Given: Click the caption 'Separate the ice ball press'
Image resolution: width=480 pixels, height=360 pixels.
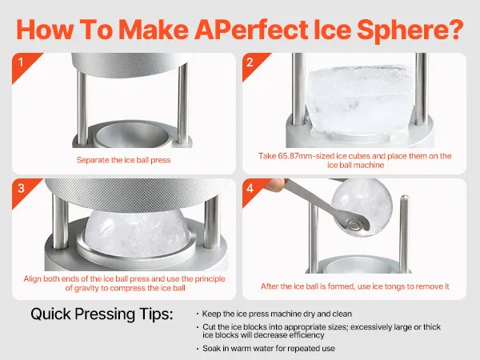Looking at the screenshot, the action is point(123,160).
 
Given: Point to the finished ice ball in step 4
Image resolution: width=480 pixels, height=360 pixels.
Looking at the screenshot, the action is point(362,208).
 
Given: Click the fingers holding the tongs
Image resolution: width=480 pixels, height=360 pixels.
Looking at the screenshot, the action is point(275,185).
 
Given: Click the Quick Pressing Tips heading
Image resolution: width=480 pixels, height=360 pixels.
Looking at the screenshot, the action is point(102,314).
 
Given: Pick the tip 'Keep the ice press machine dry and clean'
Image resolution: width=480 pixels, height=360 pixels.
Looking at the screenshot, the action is point(277,314).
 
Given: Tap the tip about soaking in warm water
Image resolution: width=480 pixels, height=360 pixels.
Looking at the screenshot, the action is point(269,348).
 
